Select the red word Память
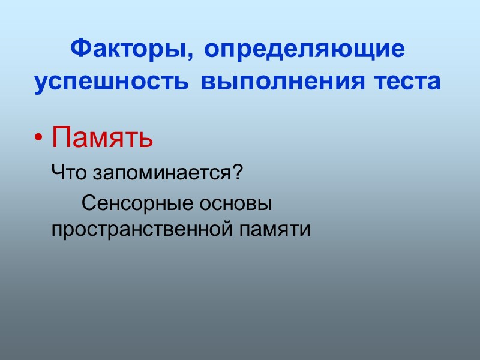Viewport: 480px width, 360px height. click(x=102, y=138)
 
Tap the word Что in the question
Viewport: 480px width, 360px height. click(x=70, y=173)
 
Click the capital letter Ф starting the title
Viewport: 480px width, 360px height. click(x=80, y=49)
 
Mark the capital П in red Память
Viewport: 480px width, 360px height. click(x=61, y=138)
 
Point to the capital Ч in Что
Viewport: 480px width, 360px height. click(x=58, y=173)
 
